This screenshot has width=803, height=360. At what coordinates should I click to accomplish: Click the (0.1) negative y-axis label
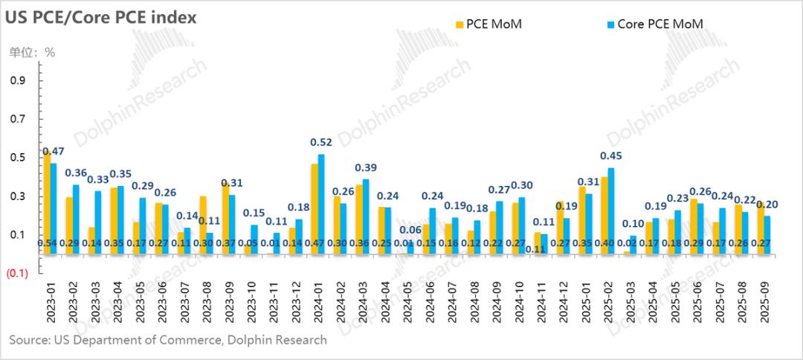click(x=19, y=274)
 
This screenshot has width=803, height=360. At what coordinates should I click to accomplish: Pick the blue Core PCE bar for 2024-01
click(x=321, y=204)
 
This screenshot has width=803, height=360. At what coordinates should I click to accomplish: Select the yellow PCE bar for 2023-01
click(x=47, y=201)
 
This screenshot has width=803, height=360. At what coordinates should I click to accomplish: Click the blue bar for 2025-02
click(x=611, y=211)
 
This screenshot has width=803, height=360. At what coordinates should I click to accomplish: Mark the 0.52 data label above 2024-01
click(x=322, y=142)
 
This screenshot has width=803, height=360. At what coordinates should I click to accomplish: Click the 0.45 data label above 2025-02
click(x=611, y=156)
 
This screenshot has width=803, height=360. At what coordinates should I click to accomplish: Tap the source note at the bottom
click(x=168, y=340)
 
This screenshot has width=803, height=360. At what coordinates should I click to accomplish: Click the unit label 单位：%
click(x=32, y=52)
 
